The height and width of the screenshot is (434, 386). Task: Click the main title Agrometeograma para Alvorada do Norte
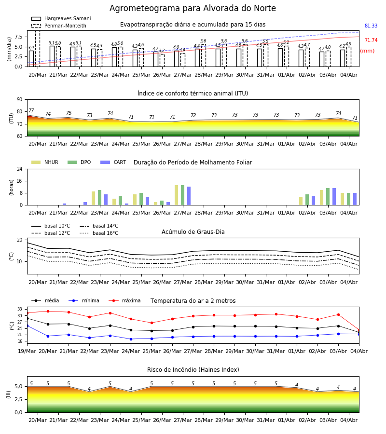193,8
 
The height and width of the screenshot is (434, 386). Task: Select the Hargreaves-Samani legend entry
61,18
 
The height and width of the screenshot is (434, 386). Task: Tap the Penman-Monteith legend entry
59,26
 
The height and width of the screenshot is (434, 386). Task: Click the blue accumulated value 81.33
371,26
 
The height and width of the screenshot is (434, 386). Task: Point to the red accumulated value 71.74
371,40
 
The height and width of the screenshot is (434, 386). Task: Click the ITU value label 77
31,110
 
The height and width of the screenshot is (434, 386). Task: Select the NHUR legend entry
45,162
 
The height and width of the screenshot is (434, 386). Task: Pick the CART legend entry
113,162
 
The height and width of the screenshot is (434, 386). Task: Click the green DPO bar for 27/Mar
183,195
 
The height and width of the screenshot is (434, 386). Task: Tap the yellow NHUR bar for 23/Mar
93,198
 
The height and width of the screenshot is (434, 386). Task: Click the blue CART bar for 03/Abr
334,197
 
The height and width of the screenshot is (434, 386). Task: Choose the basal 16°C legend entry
99,233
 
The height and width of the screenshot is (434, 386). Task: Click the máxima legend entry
124,300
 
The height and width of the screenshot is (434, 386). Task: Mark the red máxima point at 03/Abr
338,315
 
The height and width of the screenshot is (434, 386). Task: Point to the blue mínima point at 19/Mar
28,326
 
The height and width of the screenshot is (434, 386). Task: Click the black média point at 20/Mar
48,324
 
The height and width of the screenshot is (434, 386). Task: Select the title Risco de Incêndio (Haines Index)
193,369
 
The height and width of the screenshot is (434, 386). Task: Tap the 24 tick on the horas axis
20,169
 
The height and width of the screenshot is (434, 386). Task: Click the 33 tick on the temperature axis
20,309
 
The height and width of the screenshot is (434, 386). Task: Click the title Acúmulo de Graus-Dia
193,231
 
